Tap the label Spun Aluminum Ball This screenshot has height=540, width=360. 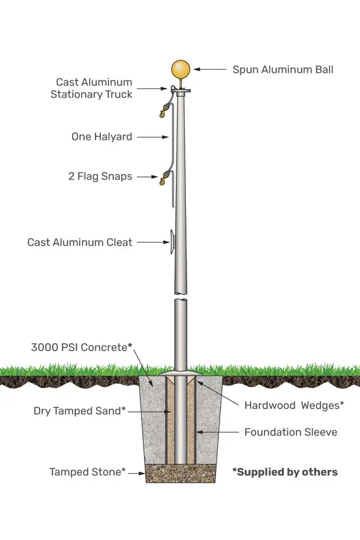pos(283,70)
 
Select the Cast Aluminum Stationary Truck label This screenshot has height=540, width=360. pos(91,88)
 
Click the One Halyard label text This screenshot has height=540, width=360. pos(102,137)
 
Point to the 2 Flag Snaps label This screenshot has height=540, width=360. pos(100,176)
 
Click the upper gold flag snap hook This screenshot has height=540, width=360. pos(163,113)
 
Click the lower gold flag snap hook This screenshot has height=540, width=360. pos(163,181)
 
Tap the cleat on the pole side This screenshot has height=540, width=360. pos(172,242)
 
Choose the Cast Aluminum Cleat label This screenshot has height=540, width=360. pos(80,243)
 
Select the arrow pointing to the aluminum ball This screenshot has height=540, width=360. pos(210,70)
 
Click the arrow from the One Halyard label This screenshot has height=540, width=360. pos(152,137)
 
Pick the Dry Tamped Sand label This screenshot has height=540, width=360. pos(80,411)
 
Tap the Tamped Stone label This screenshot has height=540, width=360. pos(87,472)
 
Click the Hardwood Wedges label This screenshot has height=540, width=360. pos(294,405)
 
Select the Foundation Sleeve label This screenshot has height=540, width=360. pos(290,432)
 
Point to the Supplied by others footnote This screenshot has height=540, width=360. pos(284,472)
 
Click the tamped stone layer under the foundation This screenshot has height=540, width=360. pos(180,473)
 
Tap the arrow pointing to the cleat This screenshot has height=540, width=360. pos(153,242)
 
